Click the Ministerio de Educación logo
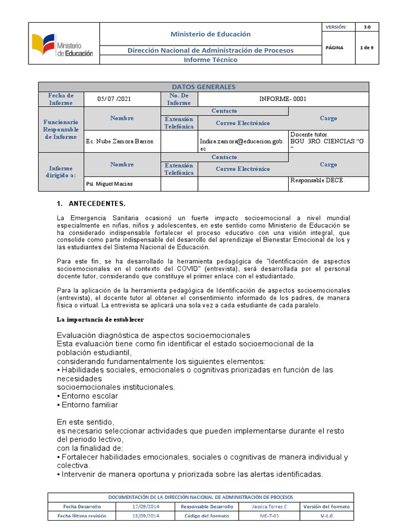click(63, 45)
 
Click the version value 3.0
click(367, 27)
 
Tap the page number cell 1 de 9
click(367, 48)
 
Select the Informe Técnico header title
click(210, 60)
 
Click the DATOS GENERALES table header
click(203, 87)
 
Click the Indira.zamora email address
click(241, 144)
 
